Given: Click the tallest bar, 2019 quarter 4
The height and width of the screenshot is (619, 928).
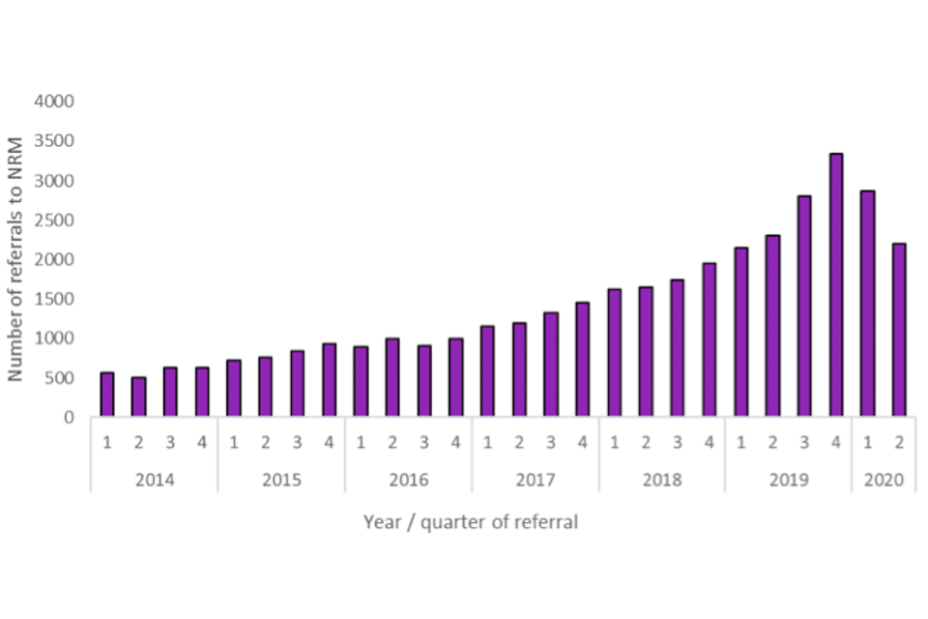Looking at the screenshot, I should pos(836,285).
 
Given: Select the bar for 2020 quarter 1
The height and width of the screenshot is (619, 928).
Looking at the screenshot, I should pos(868,304).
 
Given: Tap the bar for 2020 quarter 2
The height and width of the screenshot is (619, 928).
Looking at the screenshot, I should pos(899,330).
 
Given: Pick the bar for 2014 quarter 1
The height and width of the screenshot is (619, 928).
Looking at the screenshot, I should pos(107,395).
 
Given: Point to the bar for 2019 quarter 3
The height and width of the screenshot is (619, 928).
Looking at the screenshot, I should pos(804,307).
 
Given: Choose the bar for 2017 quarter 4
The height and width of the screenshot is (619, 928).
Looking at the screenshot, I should pos(582,360).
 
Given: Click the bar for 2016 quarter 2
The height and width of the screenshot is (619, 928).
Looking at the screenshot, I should pos(392,378).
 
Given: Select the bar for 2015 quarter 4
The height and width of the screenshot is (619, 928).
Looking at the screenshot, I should pos(330,380).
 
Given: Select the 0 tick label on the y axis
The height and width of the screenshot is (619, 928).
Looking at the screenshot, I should pos(69,418).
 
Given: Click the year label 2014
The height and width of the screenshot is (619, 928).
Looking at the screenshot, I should pos(155,480).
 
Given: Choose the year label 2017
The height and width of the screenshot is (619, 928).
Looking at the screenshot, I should pos(535,480).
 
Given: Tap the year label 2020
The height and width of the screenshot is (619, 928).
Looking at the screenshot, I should pos(884,480).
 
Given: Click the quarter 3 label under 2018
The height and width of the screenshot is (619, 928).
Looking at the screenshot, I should pos(678,442).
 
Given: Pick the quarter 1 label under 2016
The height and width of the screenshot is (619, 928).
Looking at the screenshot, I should pos(361,442).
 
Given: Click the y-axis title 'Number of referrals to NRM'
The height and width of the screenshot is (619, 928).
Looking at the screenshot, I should pos(16,259).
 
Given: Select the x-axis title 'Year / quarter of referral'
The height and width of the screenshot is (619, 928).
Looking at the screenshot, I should pos(471,522).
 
